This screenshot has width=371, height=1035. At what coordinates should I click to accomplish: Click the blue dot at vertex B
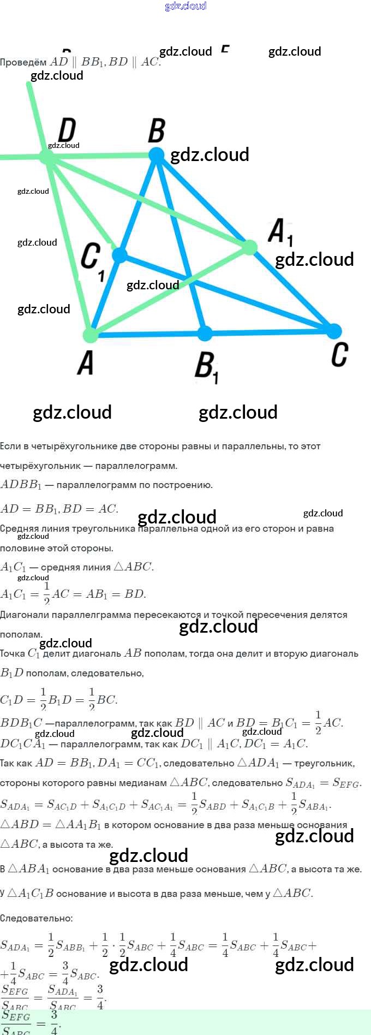(x=157, y=155)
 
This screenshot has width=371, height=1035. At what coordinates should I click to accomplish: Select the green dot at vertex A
(x=91, y=334)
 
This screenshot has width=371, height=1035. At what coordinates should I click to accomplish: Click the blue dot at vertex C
(x=333, y=330)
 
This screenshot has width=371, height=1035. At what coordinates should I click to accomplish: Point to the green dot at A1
(x=249, y=247)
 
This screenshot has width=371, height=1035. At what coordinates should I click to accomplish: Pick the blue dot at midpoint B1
(x=205, y=332)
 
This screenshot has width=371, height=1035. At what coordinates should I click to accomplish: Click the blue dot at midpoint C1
(x=119, y=254)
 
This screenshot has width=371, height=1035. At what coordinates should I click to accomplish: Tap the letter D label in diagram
(x=67, y=130)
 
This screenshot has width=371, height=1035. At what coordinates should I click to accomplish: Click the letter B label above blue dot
(x=157, y=131)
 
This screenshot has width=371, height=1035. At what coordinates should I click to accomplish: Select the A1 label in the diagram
(x=280, y=232)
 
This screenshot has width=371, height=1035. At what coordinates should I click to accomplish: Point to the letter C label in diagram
(x=339, y=354)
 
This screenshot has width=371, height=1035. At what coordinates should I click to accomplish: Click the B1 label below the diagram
(x=206, y=367)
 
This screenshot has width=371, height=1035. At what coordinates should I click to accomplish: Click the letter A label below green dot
(x=86, y=363)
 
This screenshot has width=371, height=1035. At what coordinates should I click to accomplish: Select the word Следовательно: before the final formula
(x=37, y=918)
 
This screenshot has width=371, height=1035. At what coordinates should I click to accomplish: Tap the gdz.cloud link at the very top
(x=185, y=6)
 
